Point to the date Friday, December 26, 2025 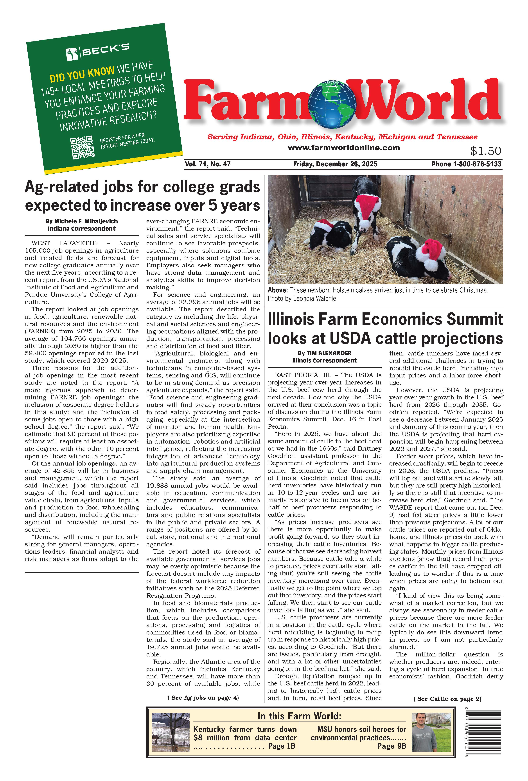pos(335,164)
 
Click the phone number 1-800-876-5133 pos(477,164)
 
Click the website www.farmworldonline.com pos(344,148)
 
